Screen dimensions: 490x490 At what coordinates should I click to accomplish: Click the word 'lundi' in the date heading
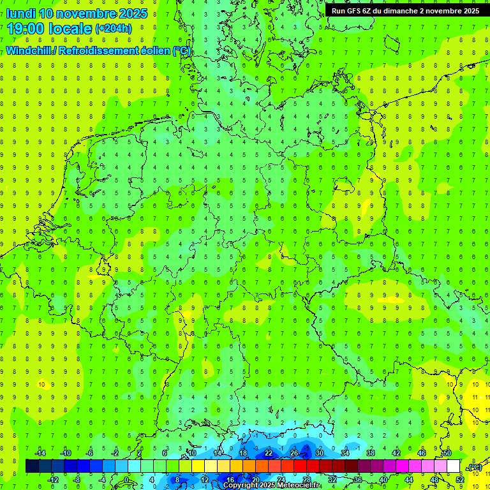tap(20, 13)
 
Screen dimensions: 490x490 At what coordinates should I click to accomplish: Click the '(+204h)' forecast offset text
tap(114, 29)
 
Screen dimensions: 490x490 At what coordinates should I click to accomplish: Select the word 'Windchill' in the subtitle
tap(29, 50)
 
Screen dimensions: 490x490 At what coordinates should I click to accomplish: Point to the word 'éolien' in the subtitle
tap(151, 50)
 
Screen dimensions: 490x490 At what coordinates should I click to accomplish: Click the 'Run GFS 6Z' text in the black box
tap(352, 11)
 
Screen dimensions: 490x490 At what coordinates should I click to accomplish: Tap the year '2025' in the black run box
tap(467, 11)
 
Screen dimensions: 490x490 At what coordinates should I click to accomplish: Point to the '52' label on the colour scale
tap(459, 479)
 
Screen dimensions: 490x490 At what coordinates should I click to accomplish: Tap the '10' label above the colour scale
tap(191, 452)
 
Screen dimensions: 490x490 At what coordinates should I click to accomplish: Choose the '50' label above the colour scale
tap(447, 452)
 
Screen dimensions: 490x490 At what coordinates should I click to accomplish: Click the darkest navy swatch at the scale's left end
tap(33, 466)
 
